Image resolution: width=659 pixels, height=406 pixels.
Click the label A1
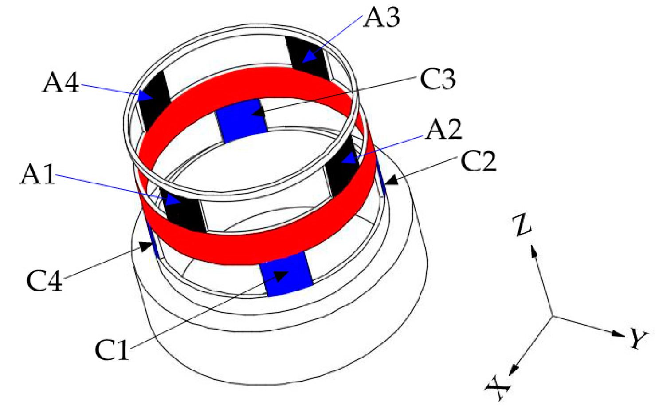pyautogui.click(x=37, y=174)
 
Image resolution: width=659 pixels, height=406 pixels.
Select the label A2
pyautogui.click(x=443, y=130)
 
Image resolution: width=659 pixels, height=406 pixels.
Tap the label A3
pyautogui.click(x=381, y=18)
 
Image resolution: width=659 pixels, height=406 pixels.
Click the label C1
pyautogui.click(x=112, y=350)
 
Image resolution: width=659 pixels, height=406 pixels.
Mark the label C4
pyautogui.click(x=44, y=280)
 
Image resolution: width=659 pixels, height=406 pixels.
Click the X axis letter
pyautogui.click(x=498, y=387)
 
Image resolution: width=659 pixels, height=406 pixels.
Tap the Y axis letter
pyautogui.click(x=638, y=340)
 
